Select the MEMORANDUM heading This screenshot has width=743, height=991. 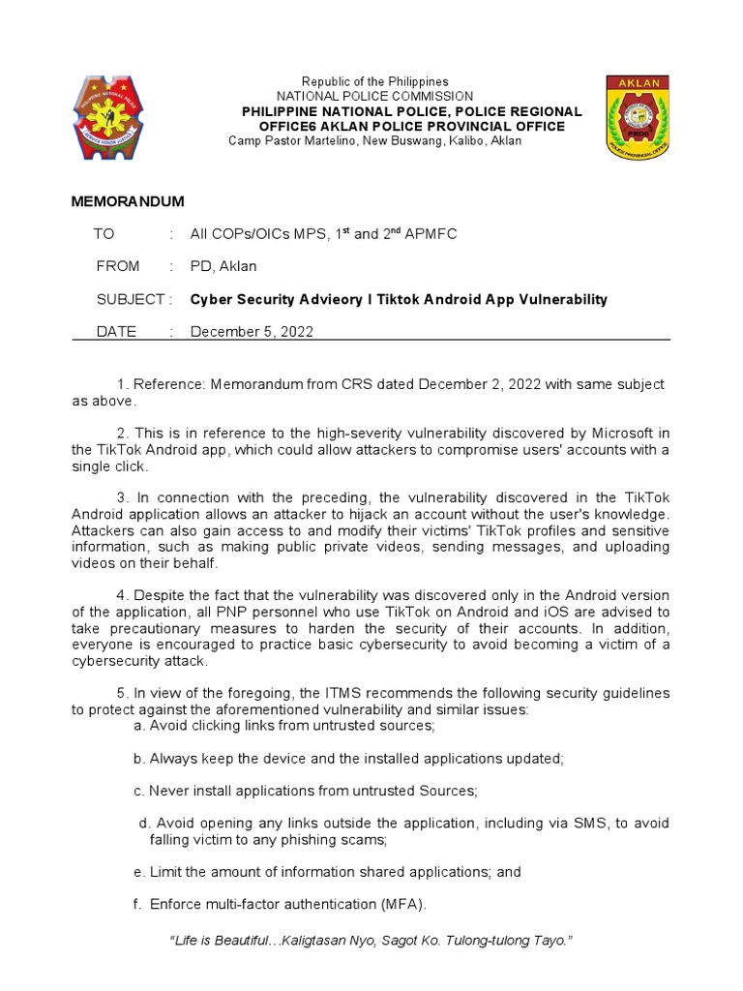(x=128, y=201)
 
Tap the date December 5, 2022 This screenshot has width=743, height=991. (x=252, y=332)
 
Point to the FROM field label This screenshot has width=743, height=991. (x=118, y=266)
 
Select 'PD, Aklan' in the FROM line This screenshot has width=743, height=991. (x=223, y=266)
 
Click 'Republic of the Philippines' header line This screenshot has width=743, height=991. (x=374, y=81)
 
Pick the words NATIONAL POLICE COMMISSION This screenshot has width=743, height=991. (x=375, y=97)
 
